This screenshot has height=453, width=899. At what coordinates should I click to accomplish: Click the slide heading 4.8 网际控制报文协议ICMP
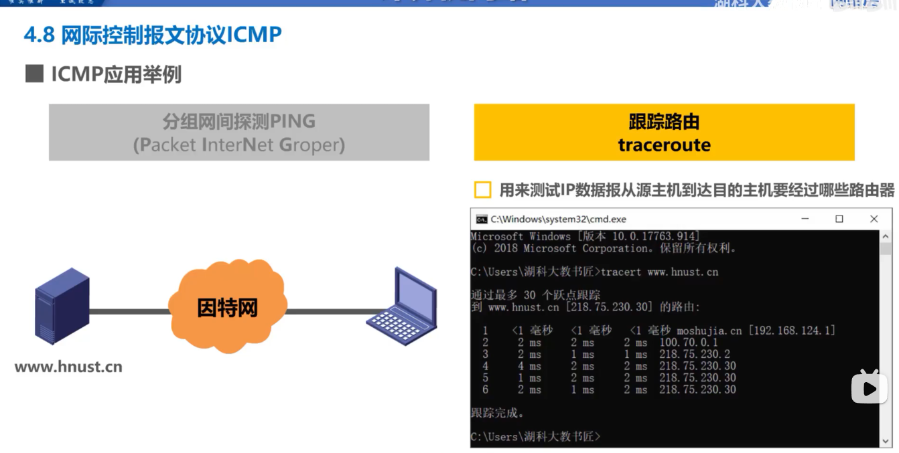(x=153, y=35)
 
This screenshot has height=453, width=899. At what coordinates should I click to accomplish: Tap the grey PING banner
(x=238, y=132)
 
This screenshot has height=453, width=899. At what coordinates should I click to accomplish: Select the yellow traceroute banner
(x=664, y=132)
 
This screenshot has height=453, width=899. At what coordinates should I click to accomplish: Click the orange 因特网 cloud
(x=228, y=307)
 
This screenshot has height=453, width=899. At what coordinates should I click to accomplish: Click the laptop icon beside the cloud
(x=402, y=306)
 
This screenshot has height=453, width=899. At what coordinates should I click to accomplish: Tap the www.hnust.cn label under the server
(x=68, y=367)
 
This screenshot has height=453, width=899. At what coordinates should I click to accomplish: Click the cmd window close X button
(x=874, y=219)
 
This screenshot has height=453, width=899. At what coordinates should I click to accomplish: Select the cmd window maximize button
(x=839, y=219)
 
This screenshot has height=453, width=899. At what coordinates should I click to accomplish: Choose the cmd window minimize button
(x=804, y=219)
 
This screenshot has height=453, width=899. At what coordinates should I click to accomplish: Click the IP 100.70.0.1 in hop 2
(x=689, y=343)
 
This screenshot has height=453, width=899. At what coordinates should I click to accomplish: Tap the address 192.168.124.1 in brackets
(x=792, y=331)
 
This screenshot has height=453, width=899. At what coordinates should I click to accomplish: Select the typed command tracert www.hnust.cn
(x=660, y=272)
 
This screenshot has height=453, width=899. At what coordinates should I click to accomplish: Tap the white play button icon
(x=869, y=389)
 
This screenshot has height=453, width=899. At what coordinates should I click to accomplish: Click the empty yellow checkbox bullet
(x=482, y=190)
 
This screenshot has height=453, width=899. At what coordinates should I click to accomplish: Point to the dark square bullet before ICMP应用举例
(x=34, y=74)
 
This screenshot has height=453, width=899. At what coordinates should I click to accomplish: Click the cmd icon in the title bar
(x=481, y=219)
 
